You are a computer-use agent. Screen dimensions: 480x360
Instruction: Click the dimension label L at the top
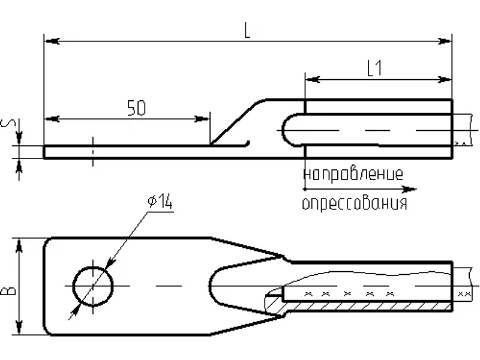click(x=247, y=31)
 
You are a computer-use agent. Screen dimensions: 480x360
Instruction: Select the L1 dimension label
click(x=374, y=68)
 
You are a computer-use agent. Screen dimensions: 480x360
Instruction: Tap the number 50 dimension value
click(x=136, y=108)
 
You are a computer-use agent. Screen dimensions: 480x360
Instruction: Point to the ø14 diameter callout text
click(x=160, y=202)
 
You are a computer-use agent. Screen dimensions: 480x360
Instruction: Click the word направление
click(x=353, y=174)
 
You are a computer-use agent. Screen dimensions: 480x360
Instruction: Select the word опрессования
click(x=355, y=203)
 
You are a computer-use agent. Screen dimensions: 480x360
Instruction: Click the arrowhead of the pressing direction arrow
click(x=409, y=190)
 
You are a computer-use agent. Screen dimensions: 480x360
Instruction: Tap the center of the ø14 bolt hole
click(x=93, y=286)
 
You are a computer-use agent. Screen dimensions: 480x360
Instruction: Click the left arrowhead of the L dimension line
click(x=52, y=41)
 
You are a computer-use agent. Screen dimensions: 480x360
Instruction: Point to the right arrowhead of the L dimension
click(x=444, y=41)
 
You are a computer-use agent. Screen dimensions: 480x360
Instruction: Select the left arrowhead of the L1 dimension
click(x=313, y=80)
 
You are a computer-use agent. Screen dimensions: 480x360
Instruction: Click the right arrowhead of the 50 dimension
click(x=202, y=119)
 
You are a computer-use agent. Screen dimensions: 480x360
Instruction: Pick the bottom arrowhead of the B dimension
click(x=19, y=327)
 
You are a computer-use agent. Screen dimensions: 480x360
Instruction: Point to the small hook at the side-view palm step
click(x=247, y=143)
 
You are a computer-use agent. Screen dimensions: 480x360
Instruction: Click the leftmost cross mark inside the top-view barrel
click(x=308, y=294)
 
